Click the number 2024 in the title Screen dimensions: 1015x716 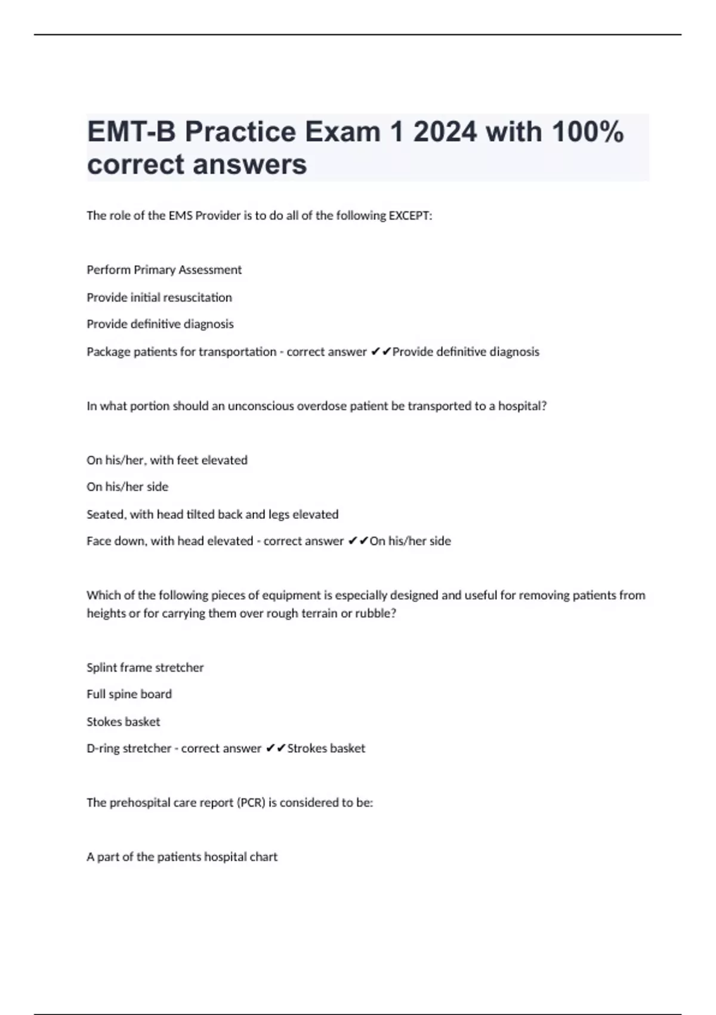pyautogui.click(x=445, y=132)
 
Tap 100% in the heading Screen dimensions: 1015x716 pyautogui.click(x=587, y=132)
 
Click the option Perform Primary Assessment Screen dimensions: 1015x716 pyautogui.click(x=164, y=270)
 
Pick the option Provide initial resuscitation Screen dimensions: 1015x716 pyautogui.click(x=159, y=297)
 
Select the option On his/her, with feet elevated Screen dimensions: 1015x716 pyautogui.click(x=167, y=460)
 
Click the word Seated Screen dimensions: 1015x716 pyautogui.click(x=104, y=514)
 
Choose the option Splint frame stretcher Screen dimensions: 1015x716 pyautogui.click(x=145, y=668)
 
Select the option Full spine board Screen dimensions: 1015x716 pyautogui.click(x=129, y=694)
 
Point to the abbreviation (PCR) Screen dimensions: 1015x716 pyautogui.click(x=251, y=802)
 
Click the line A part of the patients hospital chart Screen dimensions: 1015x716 pyautogui.click(x=182, y=857)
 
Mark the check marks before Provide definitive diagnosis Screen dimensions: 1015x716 pyautogui.click(x=381, y=352)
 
